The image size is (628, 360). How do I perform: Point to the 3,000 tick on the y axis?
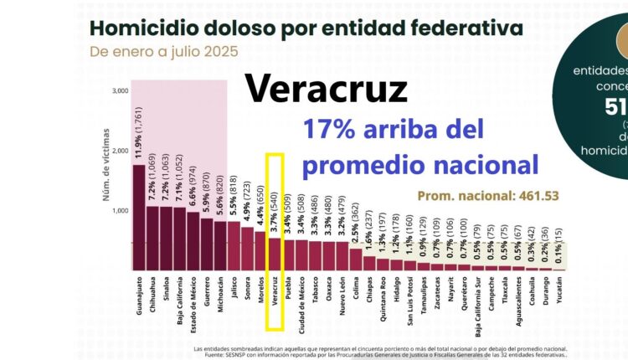pyautogui.click(x=118, y=90)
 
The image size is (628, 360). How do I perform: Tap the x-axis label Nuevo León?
pyautogui.click(x=342, y=297)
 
